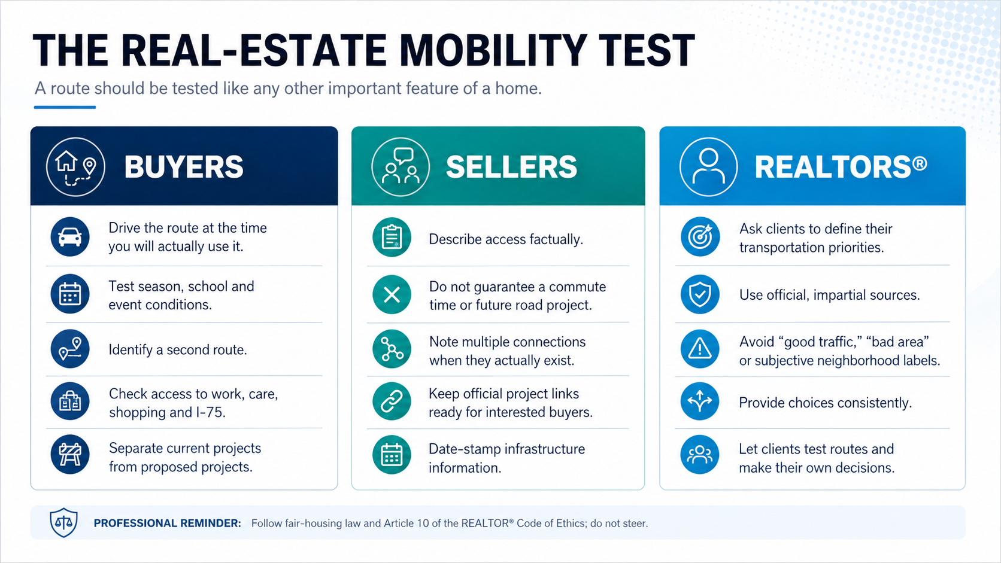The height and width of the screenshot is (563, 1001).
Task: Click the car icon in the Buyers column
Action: pos(70,237)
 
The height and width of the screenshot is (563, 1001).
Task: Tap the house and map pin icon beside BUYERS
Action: pos(75,166)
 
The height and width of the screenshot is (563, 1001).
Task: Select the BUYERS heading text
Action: pos(184,167)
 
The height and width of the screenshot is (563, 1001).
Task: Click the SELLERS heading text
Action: pos(511,167)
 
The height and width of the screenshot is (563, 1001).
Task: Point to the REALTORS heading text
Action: pos(841,166)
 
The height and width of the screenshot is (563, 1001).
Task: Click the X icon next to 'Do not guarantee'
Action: pos(392,295)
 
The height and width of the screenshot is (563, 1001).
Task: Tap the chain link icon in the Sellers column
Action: pos(392,401)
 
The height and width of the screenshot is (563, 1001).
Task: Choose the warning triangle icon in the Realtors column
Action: pos(700,349)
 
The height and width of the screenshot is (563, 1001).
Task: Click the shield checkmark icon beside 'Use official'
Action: pos(700,295)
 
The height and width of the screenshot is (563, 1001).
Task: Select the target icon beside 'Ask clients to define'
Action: pos(700,237)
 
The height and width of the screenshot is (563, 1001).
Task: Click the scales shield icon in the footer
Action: pos(63,522)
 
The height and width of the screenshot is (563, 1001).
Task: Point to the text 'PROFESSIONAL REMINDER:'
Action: pos(167,524)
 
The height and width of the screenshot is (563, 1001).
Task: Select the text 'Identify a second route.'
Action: pos(178,349)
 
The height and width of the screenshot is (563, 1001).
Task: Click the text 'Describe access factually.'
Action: pos(506,239)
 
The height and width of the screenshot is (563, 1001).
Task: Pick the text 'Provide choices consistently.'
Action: pos(826,403)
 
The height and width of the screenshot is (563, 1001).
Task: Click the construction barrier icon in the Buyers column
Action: pos(70,455)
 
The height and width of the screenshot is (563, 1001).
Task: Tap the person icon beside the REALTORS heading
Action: pos(709,166)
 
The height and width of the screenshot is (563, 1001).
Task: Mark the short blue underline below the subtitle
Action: pos(65,107)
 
